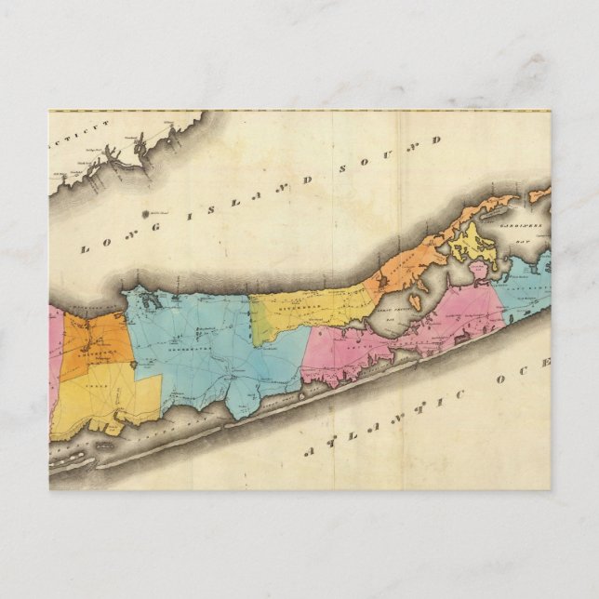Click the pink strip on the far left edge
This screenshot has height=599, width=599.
pos(54,363)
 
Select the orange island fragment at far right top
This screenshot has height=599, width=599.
pos(539,195)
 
